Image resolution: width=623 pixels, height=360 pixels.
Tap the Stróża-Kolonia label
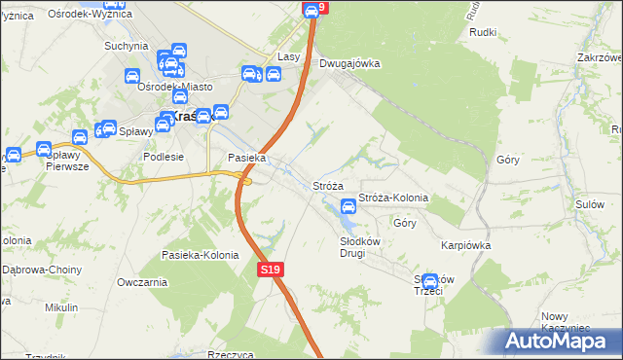tap(393, 198)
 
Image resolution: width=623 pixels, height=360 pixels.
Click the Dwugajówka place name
tap(349, 63)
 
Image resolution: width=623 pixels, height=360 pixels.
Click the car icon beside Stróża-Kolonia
tap(348, 206)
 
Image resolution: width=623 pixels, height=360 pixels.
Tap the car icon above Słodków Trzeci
tap(430, 282)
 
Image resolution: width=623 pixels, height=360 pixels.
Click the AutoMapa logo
tap(557, 341)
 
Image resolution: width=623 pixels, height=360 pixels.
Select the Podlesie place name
tap(163, 158)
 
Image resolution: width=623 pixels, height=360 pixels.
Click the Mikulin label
tap(60, 307)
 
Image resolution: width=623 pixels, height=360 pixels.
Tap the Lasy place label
tap(288, 57)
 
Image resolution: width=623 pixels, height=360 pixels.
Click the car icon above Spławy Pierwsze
tap(44, 150)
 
